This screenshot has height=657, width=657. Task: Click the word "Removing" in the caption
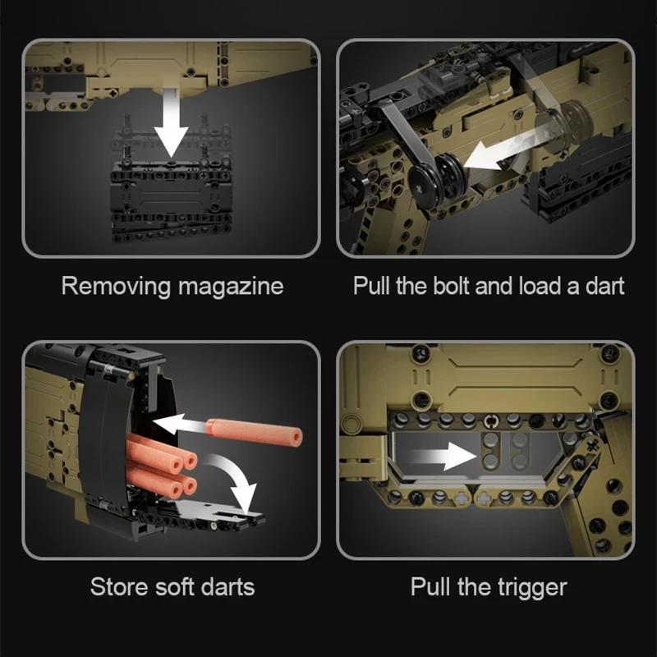pos(117,287)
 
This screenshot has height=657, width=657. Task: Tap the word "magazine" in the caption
pos(231,286)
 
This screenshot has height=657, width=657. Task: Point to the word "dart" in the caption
pos(605,286)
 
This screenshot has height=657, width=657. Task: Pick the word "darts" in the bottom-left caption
pos(227,586)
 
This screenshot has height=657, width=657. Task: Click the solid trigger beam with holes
pos(489,450)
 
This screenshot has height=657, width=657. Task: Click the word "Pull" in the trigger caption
pos(430,586)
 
